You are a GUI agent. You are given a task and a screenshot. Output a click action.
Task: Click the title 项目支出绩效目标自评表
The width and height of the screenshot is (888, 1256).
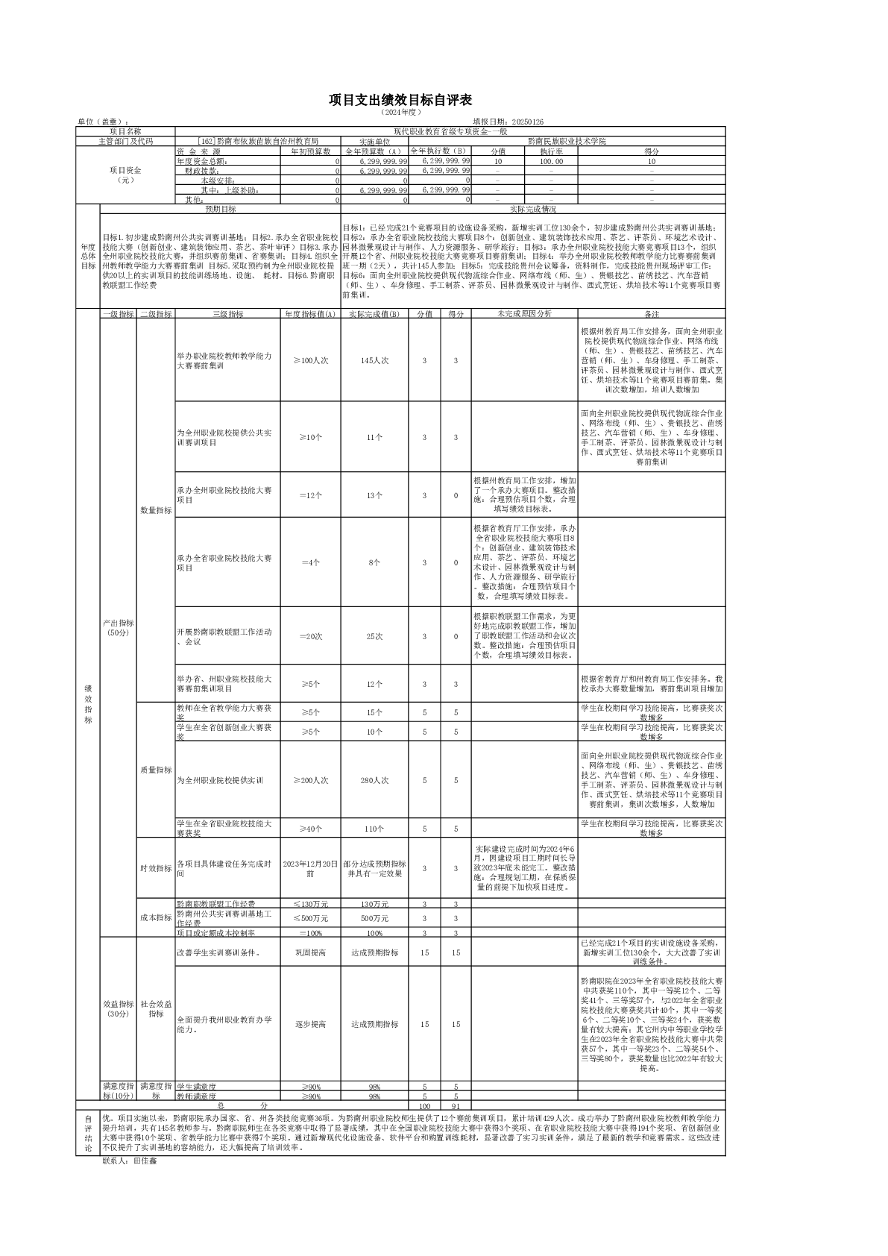pyautogui.click(x=401, y=101)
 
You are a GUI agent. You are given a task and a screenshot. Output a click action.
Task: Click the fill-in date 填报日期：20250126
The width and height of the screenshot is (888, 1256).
pyautogui.click(x=508, y=122)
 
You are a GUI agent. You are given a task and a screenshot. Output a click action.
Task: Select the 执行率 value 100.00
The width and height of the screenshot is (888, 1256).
pyautogui.click(x=551, y=161)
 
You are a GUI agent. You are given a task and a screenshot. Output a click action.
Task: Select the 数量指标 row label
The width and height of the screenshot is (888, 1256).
pyautogui.click(x=156, y=510)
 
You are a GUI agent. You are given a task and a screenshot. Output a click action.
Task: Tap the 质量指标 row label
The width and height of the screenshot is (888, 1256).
pyautogui.click(x=156, y=770)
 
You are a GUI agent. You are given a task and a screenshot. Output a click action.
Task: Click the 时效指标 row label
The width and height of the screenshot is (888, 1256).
pyautogui.click(x=156, y=868)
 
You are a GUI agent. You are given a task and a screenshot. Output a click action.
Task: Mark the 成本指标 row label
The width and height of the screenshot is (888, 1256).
pyautogui.click(x=156, y=917)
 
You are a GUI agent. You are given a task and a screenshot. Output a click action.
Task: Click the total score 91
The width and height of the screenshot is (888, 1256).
pyautogui.click(x=456, y=1105)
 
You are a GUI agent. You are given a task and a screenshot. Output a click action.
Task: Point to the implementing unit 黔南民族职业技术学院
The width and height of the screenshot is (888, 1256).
pyautogui.click(x=567, y=140)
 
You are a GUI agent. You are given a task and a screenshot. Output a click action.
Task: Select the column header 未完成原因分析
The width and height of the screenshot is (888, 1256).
pyautogui.click(x=524, y=314)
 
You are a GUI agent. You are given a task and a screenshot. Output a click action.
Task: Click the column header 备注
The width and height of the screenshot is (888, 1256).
pyautogui.click(x=651, y=314)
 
